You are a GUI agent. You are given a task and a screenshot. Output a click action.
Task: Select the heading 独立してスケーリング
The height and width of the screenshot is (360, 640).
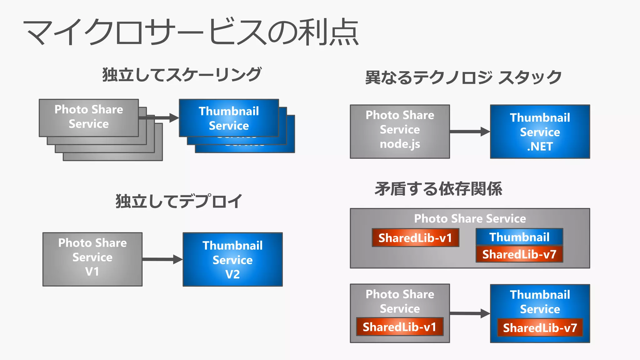pyautogui.click(x=182, y=75)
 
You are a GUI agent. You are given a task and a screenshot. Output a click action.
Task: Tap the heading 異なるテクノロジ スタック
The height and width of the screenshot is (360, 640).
pyautogui.click(x=463, y=77)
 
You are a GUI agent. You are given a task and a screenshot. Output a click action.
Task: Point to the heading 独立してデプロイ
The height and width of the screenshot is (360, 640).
pyautogui.click(x=179, y=201)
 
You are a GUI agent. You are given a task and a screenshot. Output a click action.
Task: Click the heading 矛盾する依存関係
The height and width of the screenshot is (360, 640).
pyautogui.click(x=438, y=189)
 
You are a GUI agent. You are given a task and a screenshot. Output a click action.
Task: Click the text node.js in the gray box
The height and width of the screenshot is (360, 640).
pyautogui.click(x=400, y=144)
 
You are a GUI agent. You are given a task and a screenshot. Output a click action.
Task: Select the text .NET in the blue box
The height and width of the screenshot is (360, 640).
pyautogui.click(x=540, y=147)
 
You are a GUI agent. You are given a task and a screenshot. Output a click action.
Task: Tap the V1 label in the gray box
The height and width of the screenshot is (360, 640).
pyautogui.click(x=92, y=272)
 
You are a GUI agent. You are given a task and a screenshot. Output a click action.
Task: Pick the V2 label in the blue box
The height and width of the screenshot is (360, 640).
pyautogui.click(x=232, y=274)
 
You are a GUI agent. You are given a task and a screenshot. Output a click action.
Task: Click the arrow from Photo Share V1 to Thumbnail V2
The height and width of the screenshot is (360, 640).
pyautogui.click(x=162, y=259)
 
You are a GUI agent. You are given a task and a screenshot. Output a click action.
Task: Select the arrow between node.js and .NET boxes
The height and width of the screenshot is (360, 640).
pyautogui.click(x=470, y=132)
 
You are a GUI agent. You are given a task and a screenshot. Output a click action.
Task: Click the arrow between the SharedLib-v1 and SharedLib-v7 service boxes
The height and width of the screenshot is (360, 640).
pyautogui.click(x=470, y=313)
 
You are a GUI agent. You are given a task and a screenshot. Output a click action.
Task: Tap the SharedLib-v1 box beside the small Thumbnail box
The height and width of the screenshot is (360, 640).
pyautogui.click(x=415, y=238)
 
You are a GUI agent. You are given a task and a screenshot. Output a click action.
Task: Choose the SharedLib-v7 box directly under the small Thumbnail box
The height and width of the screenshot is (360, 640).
pyautogui.click(x=519, y=254)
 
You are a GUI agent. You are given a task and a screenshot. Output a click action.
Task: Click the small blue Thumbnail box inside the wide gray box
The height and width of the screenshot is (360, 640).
pyautogui.click(x=519, y=237)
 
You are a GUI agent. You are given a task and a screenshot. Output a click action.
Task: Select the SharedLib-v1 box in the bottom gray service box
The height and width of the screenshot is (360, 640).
pyautogui.click(x=399, y=327)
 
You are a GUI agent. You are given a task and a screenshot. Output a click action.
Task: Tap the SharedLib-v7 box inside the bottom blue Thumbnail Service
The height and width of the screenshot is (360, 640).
pyautogui.click(x=540, y=328)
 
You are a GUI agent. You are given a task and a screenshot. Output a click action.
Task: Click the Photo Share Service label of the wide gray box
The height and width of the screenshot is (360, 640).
pyautogui.click(x=470, y=218)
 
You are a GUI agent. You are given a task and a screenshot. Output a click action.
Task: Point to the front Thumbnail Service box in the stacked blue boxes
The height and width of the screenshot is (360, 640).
pyautogui.click(x=229, y=118)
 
